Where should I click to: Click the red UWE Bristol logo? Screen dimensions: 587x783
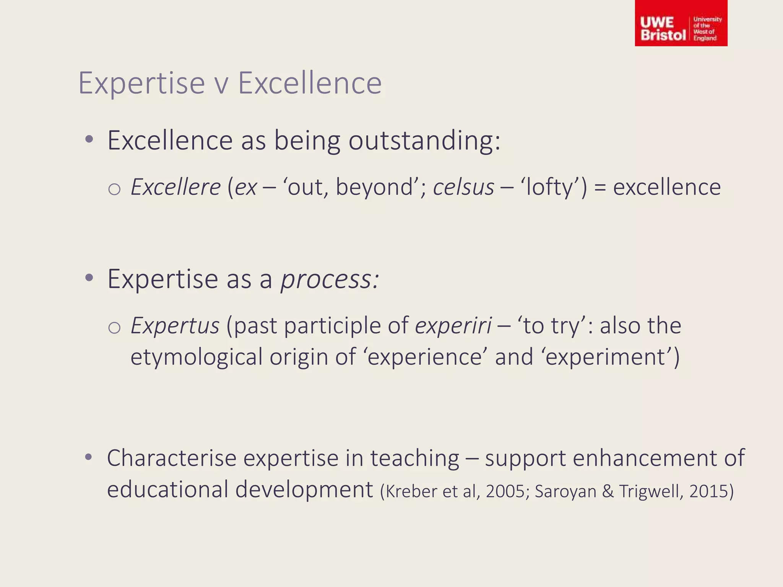681,24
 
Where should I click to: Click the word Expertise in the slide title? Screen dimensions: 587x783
141,83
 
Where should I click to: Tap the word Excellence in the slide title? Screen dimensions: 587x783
310,83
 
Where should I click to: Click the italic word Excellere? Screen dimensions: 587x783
175,187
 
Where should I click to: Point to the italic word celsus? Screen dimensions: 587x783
463,187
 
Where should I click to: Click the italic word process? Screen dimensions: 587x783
329,280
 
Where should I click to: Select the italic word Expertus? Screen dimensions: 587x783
175,326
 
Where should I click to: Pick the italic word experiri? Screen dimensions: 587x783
453,326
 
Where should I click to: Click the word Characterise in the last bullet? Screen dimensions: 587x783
171,458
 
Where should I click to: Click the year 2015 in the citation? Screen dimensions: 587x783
708,491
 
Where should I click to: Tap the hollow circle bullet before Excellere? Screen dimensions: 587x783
114,189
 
